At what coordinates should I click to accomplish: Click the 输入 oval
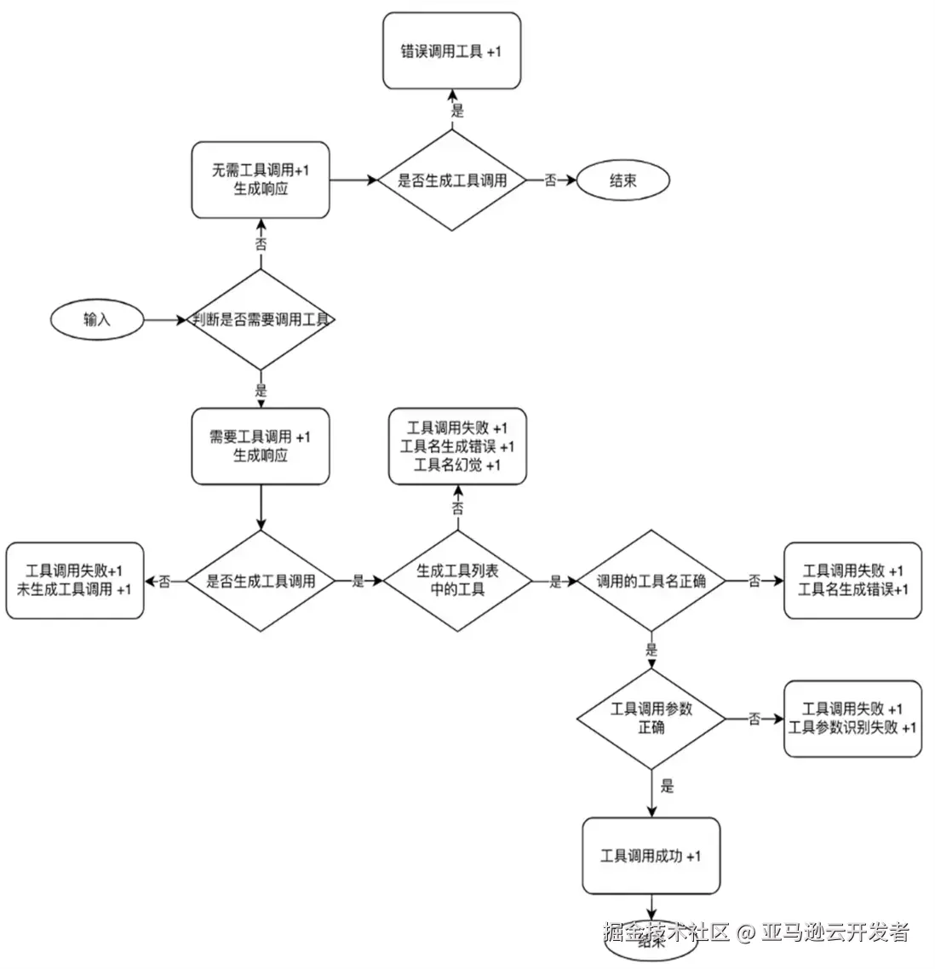click(x=97, y=320)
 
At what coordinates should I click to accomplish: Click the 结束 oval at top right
click(x=623, y=181)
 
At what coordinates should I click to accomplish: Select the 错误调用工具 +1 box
click(x=451, y=51)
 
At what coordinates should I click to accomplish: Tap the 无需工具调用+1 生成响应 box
click(x=261, y=180)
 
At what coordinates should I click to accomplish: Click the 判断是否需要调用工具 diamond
click(x=261, y=320)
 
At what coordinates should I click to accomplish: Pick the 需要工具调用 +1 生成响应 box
click(x=261, y=446)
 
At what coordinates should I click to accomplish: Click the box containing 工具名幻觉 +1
click(x=458, y=446)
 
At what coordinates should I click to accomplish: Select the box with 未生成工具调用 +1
click(x=75, y=581)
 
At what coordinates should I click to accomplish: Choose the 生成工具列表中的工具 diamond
click(x=458, y=581)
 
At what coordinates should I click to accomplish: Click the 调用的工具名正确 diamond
click(x=651, y=582)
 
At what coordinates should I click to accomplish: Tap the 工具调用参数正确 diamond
click(x=651, y=720)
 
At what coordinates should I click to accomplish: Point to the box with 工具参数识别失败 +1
click(x=852, y=720)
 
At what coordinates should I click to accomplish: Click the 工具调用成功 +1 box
click(x=651, y=856)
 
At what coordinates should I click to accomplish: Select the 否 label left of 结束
click(x=551, y=181)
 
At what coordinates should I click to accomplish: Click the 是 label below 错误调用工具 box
click(x=457, y=111)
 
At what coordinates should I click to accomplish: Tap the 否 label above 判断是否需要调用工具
click(x=261, y=243)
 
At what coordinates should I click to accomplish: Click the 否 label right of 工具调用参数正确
click(x=754, y=720)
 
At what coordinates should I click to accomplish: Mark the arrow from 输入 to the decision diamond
click(x=166, y=320)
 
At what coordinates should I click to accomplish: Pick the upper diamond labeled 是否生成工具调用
click(x=452, y=181)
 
